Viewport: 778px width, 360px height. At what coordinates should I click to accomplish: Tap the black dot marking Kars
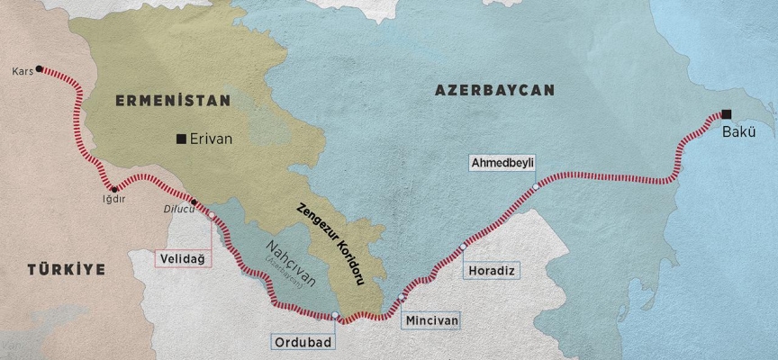pos(39,68)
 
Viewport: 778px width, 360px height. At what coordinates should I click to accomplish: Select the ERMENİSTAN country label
pos(173,101)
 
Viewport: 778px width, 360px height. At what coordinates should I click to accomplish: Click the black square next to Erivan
pos(182,139)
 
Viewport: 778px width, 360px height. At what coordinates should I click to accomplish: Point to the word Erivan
pos(211,139)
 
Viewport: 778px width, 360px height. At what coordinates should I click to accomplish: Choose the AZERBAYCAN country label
pos(494,90)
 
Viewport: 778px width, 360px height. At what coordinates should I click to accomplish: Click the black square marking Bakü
pos(726,114)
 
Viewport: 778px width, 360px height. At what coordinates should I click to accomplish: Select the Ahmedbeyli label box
pos(502,163)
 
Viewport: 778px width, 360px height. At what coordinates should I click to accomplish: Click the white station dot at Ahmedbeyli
pos(535,185)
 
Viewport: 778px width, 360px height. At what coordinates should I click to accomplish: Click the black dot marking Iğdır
pos(113,189)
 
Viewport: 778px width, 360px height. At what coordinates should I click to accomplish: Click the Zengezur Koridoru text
pos(330,243)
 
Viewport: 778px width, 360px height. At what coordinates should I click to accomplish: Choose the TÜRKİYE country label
pos(66,269)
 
